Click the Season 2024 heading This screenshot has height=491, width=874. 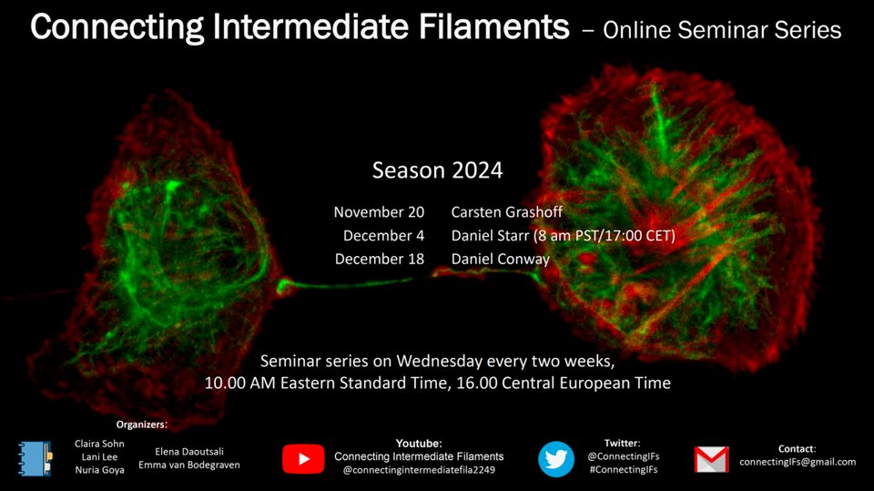pyautogui.click(x=437, y=170)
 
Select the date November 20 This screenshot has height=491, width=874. pyautogui.click(x=379, y=212)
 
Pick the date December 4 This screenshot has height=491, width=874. pyautogui.click(x=383, y=235)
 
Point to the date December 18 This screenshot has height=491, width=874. pyautogui.click(x=380, y=258)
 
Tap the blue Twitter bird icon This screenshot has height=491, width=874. pyautogui.click(x=556, y=459)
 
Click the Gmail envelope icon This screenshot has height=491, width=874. pyautogui.click(x=711, y=460)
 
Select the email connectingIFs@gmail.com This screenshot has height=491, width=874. pyautogui.click(x=798, y=462)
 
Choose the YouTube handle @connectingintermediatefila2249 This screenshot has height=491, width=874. pyautogui.click(x=418, y=470)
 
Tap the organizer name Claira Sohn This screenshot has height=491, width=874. pyautogui.click(x=98, y=444)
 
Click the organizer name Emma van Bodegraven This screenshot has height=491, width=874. pyautogui.click(x=189, y=465)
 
